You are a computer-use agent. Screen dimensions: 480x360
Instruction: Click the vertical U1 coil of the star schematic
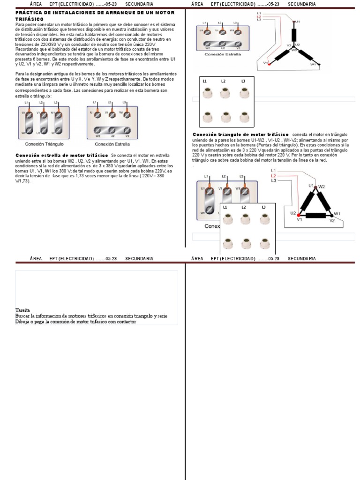[x=294, y=35]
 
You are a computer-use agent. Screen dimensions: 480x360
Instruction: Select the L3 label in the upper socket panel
[x=243, y=81]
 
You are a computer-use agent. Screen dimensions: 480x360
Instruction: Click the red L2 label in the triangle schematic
[x=274, y=175]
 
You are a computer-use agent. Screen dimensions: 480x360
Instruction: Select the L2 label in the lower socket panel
[x=243, y=207]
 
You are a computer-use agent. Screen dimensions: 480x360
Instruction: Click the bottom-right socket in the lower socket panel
[x=264, y=244]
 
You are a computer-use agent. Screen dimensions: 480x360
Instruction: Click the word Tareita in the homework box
[x=22, y=310]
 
